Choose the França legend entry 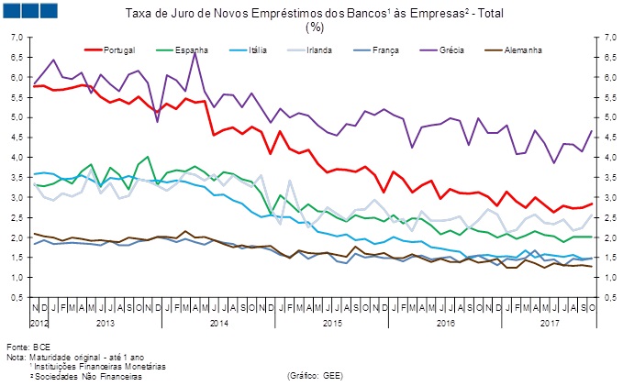tap(403, 48)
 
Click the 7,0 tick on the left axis tap(16, 38)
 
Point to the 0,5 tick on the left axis tap(16, 298)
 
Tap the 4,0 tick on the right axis tap(607, 158)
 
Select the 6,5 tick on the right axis tap(607, 58)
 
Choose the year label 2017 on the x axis tap(551, 324)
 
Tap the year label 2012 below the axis tap(39, 324)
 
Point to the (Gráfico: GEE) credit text tap(316, 375)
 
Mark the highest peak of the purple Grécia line tap(195, 51)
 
